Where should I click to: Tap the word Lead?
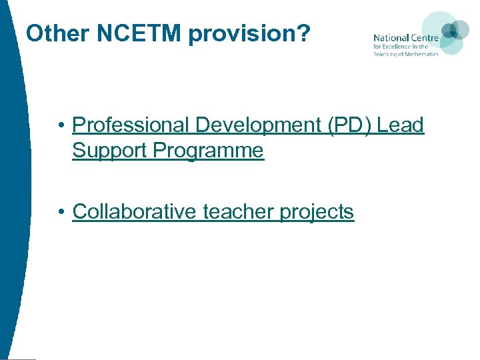click(x=400, y=125)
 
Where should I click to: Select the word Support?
click(x=109, y=151)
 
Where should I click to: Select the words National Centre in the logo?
click(x=405, y=38)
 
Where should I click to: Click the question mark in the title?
click(x=303, y=33)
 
